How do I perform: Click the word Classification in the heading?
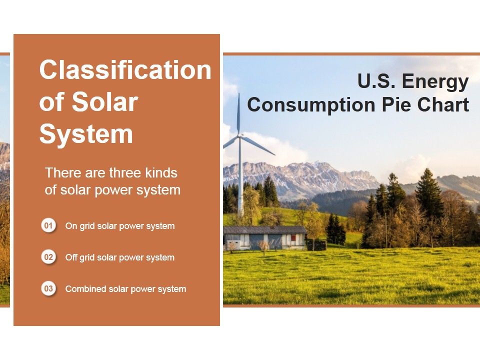[x=125, y=70]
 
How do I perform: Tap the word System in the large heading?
[x=86, y=134]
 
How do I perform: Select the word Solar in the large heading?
[x=105, y=102]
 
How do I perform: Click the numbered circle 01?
[x=48, y=226]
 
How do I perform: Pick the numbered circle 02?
[x=48, y=257]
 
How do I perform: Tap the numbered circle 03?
[x=48, y=289]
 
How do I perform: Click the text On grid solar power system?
[x=120, y=226]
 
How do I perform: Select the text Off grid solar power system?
[x=120, y=257]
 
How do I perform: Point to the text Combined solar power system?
[x=125, y=289]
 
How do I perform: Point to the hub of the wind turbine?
[x=239, y=135]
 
